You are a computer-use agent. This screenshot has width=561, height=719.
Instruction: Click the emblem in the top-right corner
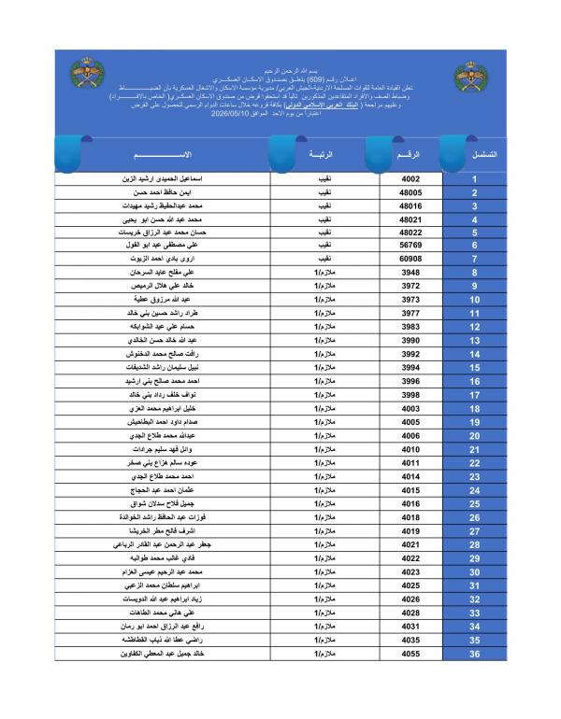point(468,76)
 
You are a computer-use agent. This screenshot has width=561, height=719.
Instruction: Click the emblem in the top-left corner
point(88,73)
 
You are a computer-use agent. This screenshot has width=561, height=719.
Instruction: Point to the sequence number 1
point(475,178)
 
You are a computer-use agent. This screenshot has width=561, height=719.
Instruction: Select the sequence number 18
point(475,408)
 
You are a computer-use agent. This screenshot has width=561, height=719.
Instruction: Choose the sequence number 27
point(475,530)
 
